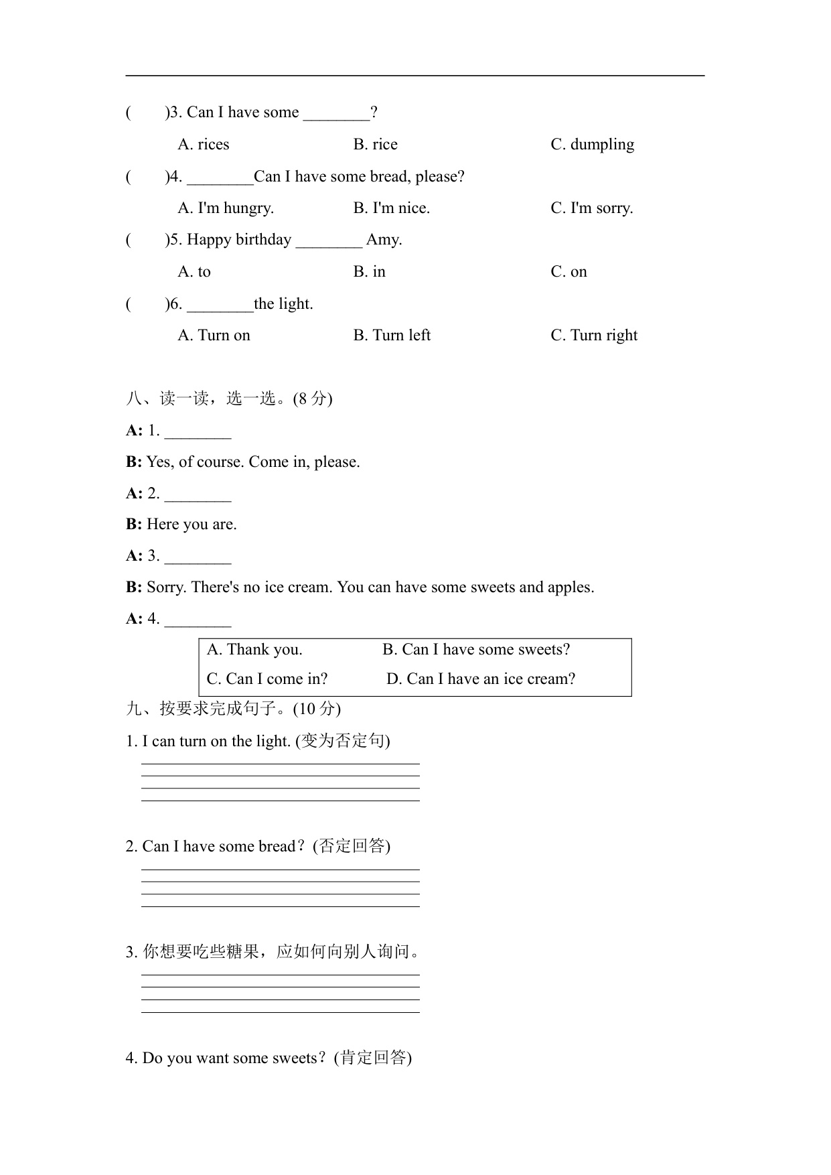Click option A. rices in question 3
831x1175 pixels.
click(x=204, y=145)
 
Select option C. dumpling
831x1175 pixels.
click(x=592, y=145)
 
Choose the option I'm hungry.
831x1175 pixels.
click(x=226, y=208)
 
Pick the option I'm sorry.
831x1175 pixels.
click(x=591, y=208)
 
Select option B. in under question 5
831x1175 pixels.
click(x=369, y=272)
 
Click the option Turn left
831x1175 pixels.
click(x=392, y=336)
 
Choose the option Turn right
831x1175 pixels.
click(x=594, y=336)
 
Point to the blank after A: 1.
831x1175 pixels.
click(x=198, y=432)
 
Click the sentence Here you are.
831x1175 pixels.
click(x=192, y=525)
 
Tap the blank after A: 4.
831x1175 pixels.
click(x=198, y=620)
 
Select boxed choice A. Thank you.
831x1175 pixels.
click(x=254, y=650)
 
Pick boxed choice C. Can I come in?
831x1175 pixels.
click(x=267, y=679)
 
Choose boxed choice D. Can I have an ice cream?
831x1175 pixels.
click(x=481, y=679)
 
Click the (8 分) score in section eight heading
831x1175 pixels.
click(x=313, y=399)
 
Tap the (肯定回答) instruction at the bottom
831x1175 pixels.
click(x=373, y=1058)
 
